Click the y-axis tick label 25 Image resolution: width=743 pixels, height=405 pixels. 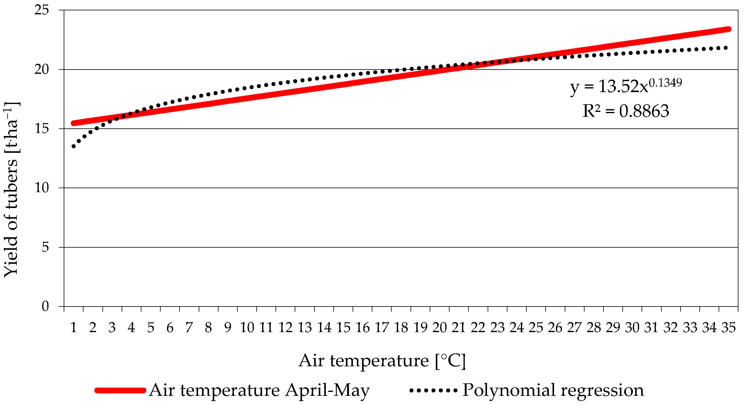tap(41, 10)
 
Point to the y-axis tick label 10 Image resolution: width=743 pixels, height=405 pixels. tap(41, 188)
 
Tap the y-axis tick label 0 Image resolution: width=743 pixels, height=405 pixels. tap(45, 306)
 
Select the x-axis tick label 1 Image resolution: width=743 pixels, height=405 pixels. tap(73, 328)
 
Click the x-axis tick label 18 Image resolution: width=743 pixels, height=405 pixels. tap(401, 328)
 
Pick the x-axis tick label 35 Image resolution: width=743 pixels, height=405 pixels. tap(728, 328)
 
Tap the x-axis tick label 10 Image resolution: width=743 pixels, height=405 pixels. tap(247, 328)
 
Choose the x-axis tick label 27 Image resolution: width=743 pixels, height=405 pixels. tap(574, 328)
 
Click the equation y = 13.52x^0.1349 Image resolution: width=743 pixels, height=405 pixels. tap(626, 86)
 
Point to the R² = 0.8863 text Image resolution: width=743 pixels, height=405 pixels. tap(626, 111)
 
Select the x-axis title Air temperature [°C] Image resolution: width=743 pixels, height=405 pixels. tap(382, 361)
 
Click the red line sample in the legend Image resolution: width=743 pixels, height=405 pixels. tap(120, 390)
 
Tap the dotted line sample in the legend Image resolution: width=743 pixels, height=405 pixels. tap(433, 390)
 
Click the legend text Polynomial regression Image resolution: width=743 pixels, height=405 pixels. tap(553, 390)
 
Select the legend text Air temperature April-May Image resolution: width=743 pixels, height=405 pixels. tap(259, 390)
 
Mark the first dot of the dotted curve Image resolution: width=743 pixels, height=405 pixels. tap(73, 146)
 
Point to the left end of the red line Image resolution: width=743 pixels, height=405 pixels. tap(73, 123)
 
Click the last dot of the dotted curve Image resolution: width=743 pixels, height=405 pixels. tap(726, 48)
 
